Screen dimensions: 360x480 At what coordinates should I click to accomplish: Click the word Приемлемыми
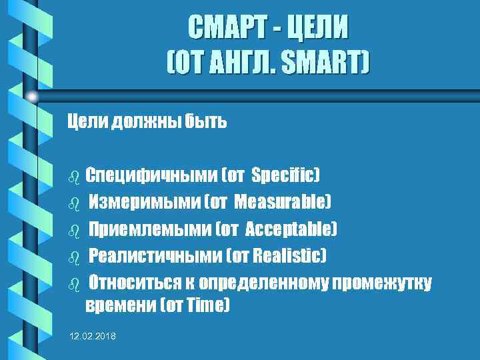pos(150,229)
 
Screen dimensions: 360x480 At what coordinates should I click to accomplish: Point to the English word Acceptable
pos(291,229)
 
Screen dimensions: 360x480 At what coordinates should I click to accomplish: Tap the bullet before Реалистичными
pos(75,257)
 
